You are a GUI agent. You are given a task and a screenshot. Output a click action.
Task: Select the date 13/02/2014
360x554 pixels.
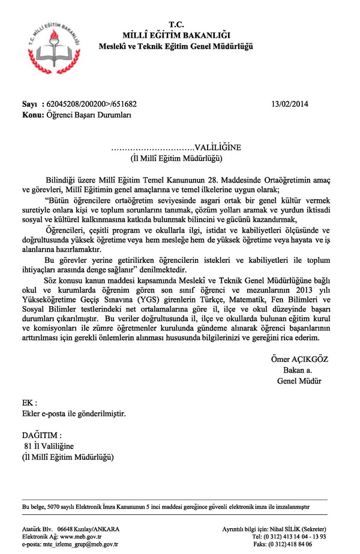coord(289,103)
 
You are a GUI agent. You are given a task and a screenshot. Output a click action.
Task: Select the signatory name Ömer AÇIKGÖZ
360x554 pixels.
coord(299,359)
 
